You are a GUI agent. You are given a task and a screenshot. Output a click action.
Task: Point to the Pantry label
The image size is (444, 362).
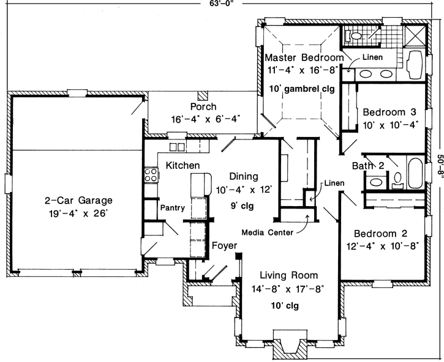[x=172, y=208]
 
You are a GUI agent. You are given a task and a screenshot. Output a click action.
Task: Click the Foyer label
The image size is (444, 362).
[x=224, y=246]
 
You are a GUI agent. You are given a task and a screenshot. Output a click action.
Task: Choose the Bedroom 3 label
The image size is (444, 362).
[x=389, y=113]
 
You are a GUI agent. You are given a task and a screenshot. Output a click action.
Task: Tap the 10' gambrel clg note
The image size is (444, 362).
[x=302, y=88]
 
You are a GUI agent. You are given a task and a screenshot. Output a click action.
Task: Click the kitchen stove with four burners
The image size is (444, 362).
[x=151, y=175]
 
